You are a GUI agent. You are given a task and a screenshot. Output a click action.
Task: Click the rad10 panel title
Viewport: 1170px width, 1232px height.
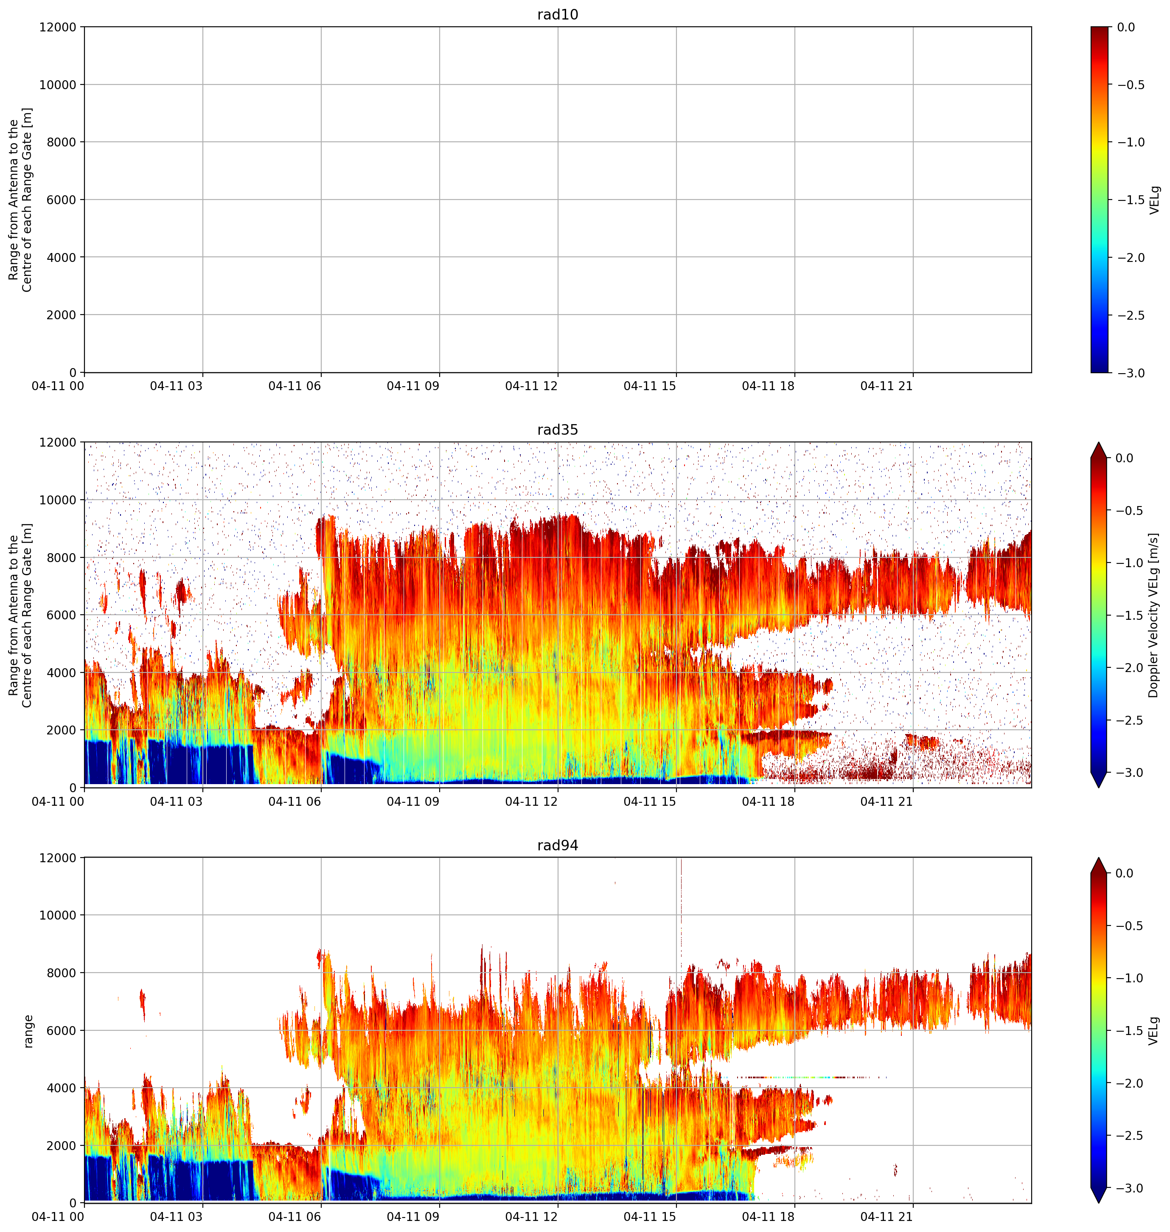[x=558, y=14]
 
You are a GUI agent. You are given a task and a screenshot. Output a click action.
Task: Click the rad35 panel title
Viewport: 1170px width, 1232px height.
[x=558, y=430]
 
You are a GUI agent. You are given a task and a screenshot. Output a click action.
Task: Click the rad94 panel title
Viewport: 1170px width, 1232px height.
[x=558, y=845]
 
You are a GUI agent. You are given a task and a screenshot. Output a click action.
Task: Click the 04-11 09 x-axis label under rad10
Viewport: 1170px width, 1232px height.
[x=413, y=386]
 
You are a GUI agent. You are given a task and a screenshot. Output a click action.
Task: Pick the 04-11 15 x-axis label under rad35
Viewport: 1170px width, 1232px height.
[x=650, y=802]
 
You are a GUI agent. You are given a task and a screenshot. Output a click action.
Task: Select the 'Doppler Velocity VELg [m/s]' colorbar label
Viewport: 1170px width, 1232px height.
[x=1153, y=615]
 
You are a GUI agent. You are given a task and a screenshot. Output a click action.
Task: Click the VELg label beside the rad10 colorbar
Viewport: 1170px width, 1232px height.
[x=1154, y=200]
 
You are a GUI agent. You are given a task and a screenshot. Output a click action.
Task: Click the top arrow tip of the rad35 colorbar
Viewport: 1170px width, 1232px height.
[x=1100, y=443]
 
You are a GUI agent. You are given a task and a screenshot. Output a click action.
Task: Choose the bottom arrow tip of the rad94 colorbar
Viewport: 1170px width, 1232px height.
[x=1100, y=1203]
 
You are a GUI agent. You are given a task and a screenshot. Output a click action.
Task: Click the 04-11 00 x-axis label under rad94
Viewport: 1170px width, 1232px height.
[x=58, y=1217]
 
